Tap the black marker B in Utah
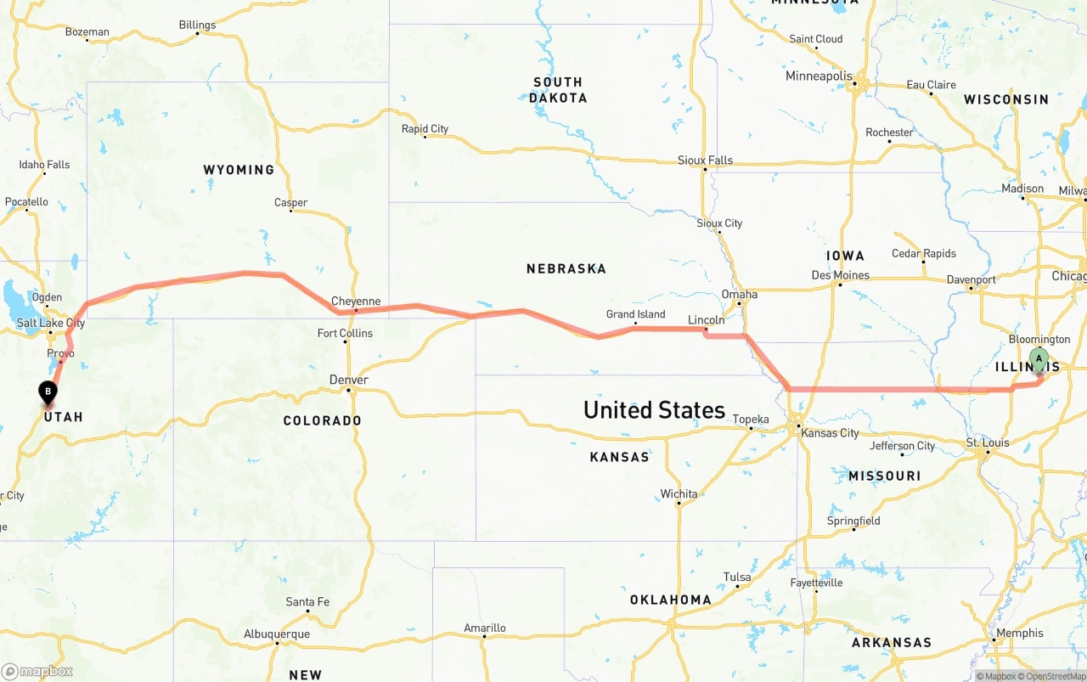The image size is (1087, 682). tap(48, 392)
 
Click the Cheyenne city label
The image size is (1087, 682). tap(356, 302)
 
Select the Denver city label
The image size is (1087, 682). tap(348, 380)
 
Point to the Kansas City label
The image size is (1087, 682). tap(830, 433)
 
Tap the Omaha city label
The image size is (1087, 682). tap(739, 294)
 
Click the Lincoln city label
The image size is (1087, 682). tap(707, 320)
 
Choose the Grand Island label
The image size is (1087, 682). tap(636, 314)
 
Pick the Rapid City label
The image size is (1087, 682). tap(425, 129)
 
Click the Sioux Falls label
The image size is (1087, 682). tap(705, 161)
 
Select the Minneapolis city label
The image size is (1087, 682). tap(819, 76)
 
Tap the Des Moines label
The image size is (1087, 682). tap(841, 275)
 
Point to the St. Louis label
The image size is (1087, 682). tap(988, 442)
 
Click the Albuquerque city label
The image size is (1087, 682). tap(277, 634)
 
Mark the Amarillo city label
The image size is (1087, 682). tap(485, 628)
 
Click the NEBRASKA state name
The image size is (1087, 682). tap(566, 268)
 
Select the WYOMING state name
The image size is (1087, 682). tap(239, 170)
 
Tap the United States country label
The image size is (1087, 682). tap(654, 410)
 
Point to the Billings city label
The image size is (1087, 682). tap(197, 25)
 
